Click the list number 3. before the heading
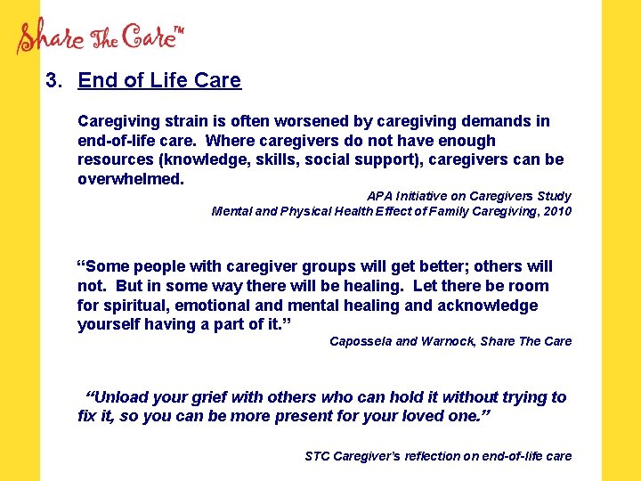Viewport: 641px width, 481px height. (55, 80)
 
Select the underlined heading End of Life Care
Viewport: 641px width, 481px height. (159, 80)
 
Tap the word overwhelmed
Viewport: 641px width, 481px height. (131, 179)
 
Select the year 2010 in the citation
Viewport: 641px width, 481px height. (555, 211)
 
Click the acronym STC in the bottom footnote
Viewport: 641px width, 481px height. (317, 456)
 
